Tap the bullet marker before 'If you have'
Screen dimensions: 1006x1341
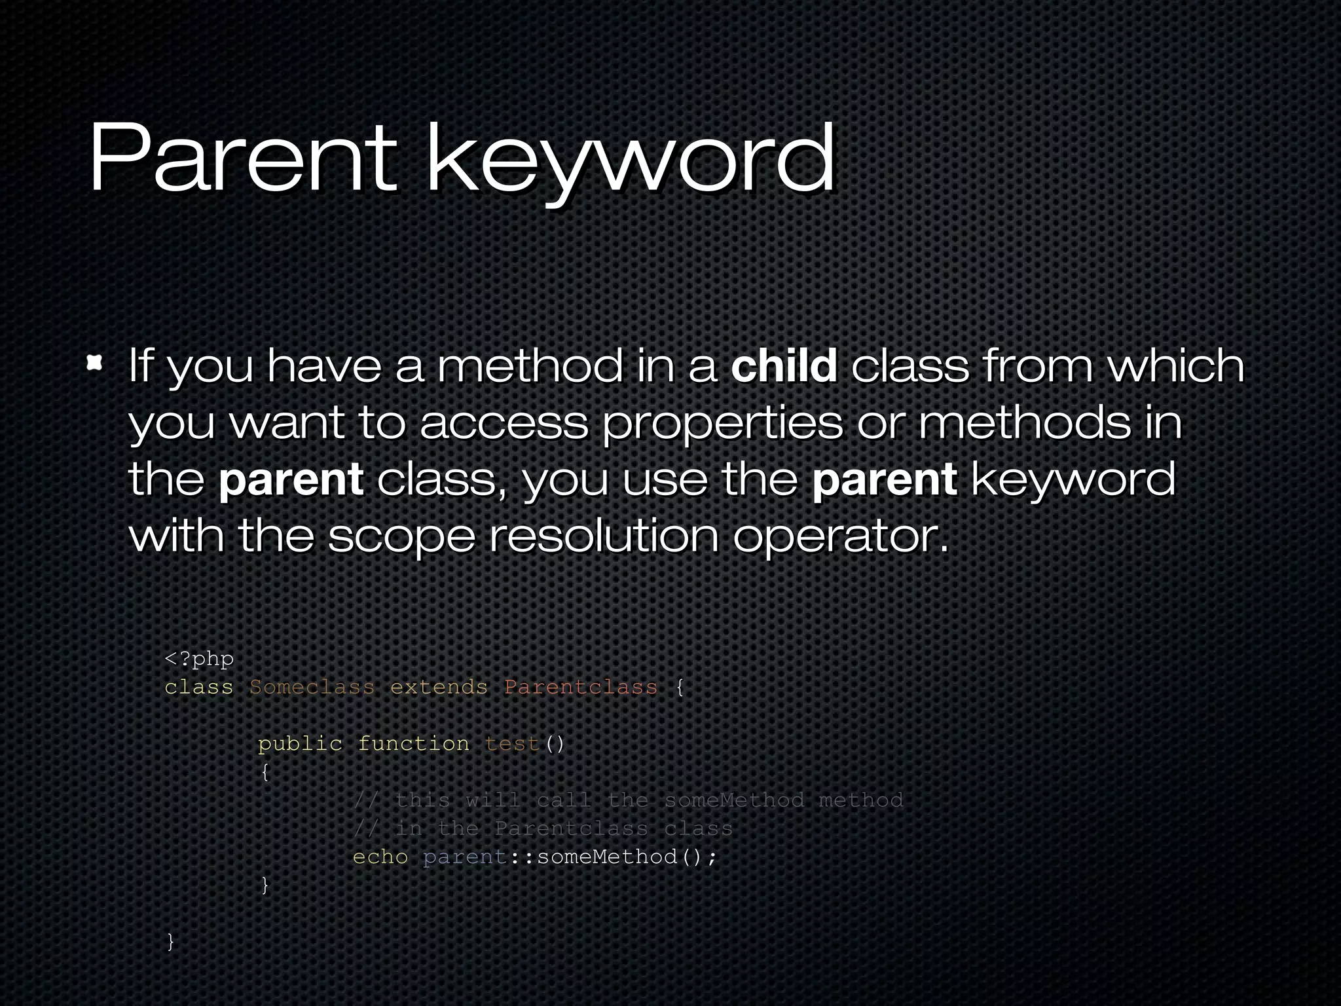(95, 363)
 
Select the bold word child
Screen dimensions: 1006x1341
(784, 365)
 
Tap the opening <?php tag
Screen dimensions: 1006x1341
(199, 659)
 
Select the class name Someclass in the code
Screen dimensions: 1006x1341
(312, 687)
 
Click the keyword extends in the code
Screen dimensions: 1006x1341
(439, 687)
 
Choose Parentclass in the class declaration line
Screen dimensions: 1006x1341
(580, 687)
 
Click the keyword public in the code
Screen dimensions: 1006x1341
(300, 744)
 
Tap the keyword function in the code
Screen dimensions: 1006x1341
(413, 744)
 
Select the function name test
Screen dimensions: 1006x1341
(513, 744)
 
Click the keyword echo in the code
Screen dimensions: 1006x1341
(380, 857)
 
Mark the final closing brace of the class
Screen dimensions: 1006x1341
(171, 942)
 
